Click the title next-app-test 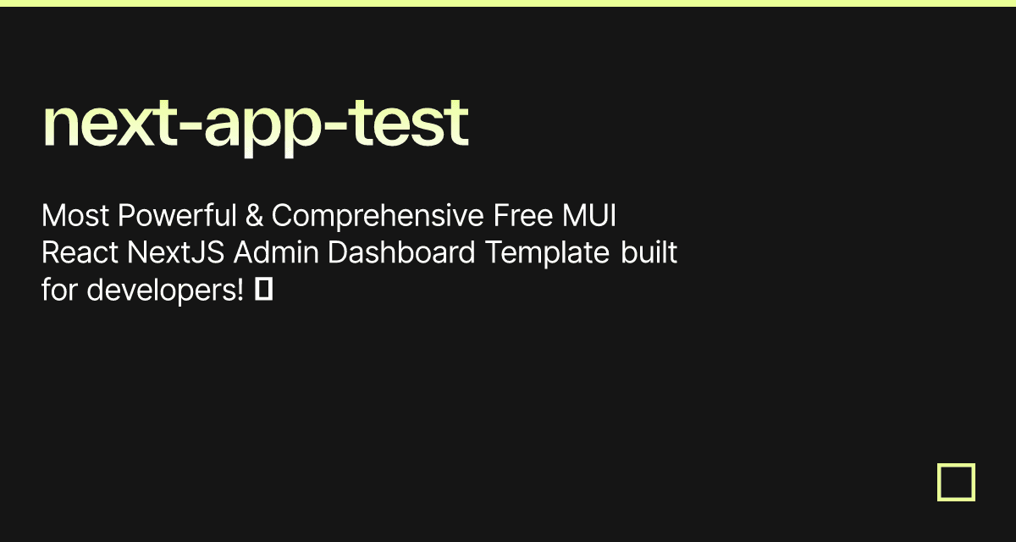click(255, 124)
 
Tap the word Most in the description click(75, 217)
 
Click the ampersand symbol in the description click(254, 217)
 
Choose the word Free click(522, 217)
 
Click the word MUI click(589, 217)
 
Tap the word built click(649, 253)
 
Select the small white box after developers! click(263, 290)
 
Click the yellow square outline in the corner click(956, 482)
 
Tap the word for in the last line click(60, 290)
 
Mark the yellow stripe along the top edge click(508, 3)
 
